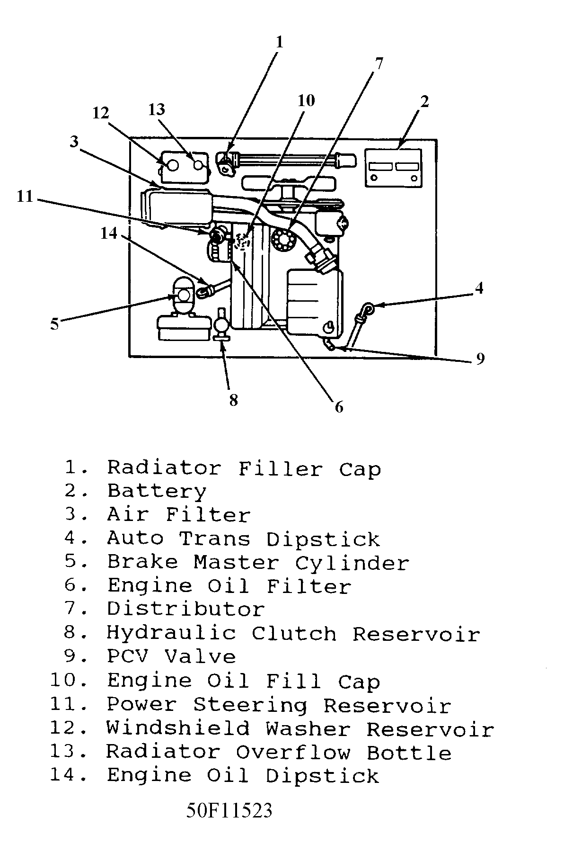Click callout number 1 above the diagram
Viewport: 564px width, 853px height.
279,43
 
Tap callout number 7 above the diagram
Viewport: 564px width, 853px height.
379,63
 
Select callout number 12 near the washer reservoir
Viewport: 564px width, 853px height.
101,113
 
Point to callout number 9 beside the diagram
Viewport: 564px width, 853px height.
480,359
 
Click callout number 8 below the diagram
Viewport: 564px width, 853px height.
233,400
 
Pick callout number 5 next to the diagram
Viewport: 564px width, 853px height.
55,324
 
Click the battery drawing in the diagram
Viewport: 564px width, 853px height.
393,168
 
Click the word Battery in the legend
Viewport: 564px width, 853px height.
157,491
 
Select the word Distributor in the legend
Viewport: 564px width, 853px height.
185,609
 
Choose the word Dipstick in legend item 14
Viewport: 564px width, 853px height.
322,776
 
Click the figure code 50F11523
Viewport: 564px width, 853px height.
229,811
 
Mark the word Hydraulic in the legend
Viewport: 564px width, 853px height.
171,633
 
